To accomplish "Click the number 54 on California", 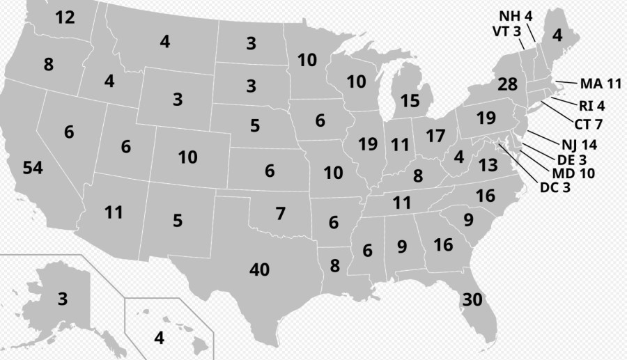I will point(33,168).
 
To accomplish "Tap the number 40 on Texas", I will point(259,269).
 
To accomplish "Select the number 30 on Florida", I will point(472,300).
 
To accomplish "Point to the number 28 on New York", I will point(508,85).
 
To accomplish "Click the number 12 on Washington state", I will point(65,18).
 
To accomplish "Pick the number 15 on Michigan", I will point(410,101).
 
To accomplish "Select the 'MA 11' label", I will point(600,84).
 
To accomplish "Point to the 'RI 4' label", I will point(591,107).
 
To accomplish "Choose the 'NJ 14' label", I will point(578,146).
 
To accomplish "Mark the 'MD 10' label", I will point(573,173).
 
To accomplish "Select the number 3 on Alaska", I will point(63,300).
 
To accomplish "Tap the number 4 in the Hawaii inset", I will point(159,338).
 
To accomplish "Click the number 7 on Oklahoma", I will point(280,214).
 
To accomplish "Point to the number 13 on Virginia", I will point(488,165).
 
